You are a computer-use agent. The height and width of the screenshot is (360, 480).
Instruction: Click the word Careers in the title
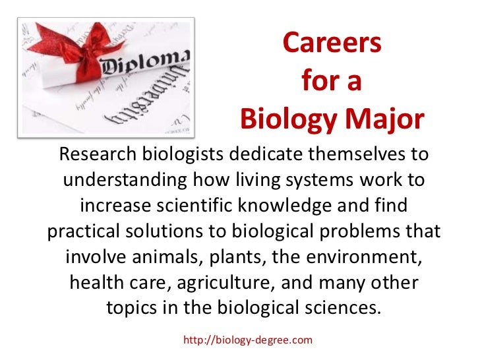(x=331, y=44)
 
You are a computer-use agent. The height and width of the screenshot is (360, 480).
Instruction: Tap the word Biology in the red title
(x=288, y=120)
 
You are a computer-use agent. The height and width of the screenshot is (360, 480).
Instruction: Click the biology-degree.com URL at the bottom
(x=247, y=340)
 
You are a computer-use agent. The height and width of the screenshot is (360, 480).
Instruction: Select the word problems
(x=373, y=232)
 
